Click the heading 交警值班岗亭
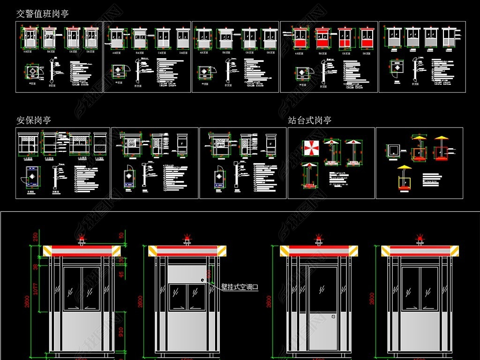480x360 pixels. point(42,13)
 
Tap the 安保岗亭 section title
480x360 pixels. point(33,120)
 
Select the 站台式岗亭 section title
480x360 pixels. point(309,120)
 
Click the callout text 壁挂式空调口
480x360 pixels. point(240,287)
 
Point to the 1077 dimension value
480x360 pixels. point(35,293)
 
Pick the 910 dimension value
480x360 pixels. point(121,332)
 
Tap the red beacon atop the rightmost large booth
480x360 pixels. point(420,239)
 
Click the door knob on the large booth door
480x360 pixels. point(333,316)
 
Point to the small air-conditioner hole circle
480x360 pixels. point(202,280)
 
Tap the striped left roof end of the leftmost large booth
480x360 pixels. point(47,251)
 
